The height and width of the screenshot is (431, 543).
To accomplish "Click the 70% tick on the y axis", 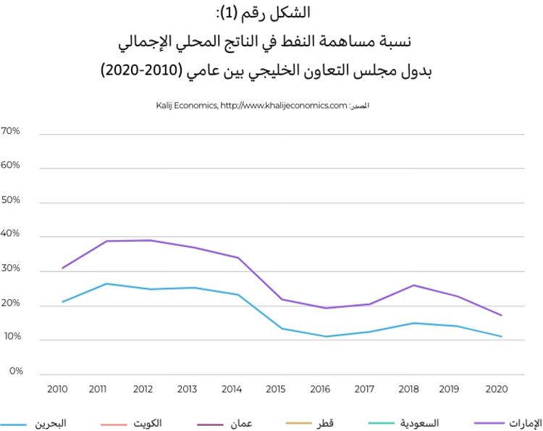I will pyautogui.click(x=11, y=132).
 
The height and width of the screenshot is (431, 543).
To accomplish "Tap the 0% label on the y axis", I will pyautogui.click(x=15, y=372).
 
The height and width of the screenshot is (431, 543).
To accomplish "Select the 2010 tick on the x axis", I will pyautogui.click(x=57, y=389).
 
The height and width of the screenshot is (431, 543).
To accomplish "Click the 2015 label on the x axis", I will pyautogui.click(x=275, y=389).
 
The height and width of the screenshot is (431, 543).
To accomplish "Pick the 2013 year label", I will pyautogui.click(x=187, y=389).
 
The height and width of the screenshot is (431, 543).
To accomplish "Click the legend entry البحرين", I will pyautogui.click(x=51, y=423).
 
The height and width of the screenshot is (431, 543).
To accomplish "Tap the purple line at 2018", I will pyautogui.click(x=413, y=285).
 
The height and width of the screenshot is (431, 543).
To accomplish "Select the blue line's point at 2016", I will pyautogui.click(x=326, y=336).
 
